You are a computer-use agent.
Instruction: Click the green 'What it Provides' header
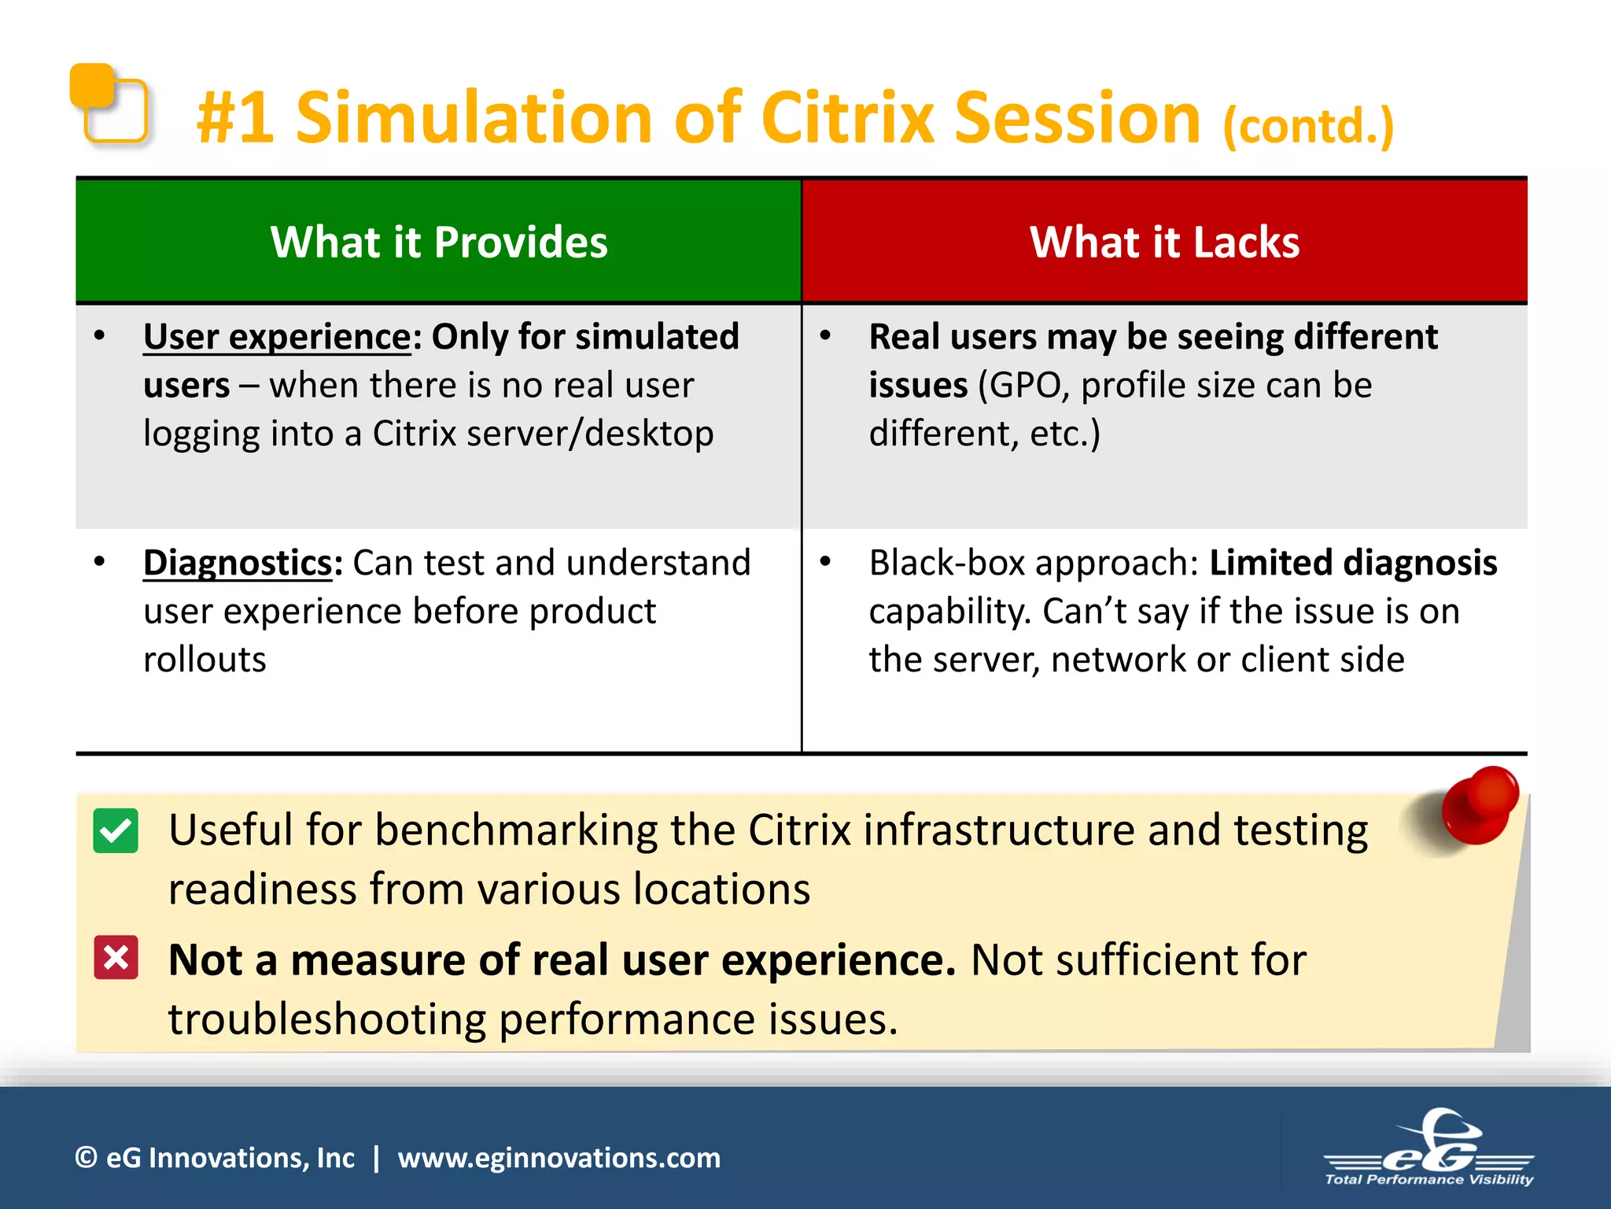[438, 242]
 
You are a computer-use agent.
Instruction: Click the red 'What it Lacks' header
[1164, 242]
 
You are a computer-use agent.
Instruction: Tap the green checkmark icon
[116, 830]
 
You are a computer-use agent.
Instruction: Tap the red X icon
[116, 957]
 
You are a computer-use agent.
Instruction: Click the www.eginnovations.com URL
[559, 1158]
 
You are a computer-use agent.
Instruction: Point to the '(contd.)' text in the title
[1308, 126]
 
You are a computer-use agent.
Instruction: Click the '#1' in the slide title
[235, 118]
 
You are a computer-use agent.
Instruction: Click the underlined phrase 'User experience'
[277, 337]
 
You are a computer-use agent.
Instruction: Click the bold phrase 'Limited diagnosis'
[1352, 563]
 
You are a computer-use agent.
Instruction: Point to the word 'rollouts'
[205, 660]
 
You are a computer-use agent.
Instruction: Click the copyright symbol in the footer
[86, 1158]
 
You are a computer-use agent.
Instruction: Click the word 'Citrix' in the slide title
[848, 118]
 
